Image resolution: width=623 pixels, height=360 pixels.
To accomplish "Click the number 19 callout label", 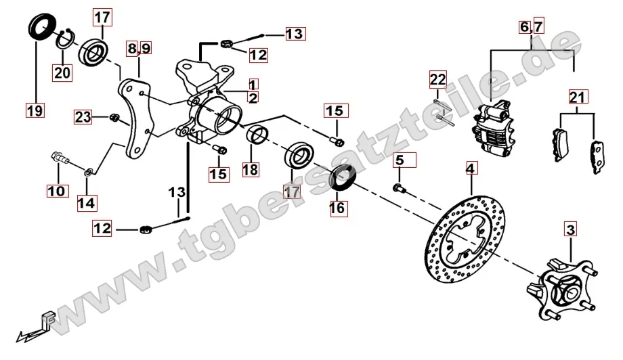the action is click(35, 110).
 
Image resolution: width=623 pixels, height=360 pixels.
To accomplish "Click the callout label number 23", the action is click(83, 117).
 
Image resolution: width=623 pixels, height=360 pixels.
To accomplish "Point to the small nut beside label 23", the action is click(114, 118).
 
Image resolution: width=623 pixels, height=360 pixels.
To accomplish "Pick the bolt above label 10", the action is click(60, 157).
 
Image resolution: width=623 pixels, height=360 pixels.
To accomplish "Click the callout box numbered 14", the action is click(87, 203).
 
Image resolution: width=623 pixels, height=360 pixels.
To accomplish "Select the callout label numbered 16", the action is click(338, 208).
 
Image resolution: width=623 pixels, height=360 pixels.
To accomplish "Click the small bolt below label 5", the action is click(400, 188).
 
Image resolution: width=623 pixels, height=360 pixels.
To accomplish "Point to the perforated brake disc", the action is click(465, 239).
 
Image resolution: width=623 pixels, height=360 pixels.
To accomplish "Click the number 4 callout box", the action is click(471, 168).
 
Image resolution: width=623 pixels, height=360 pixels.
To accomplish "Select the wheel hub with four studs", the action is click(562, 289).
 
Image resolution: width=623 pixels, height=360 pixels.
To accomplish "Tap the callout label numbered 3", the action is click(571, 229).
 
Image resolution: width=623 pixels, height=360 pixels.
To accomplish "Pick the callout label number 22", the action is click(438, 79).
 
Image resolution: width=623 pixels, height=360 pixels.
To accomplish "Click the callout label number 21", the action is click(578, 97).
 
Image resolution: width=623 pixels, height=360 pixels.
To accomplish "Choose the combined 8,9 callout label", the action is click(139, 48).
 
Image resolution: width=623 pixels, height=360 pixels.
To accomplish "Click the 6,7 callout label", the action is click(532, 26).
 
